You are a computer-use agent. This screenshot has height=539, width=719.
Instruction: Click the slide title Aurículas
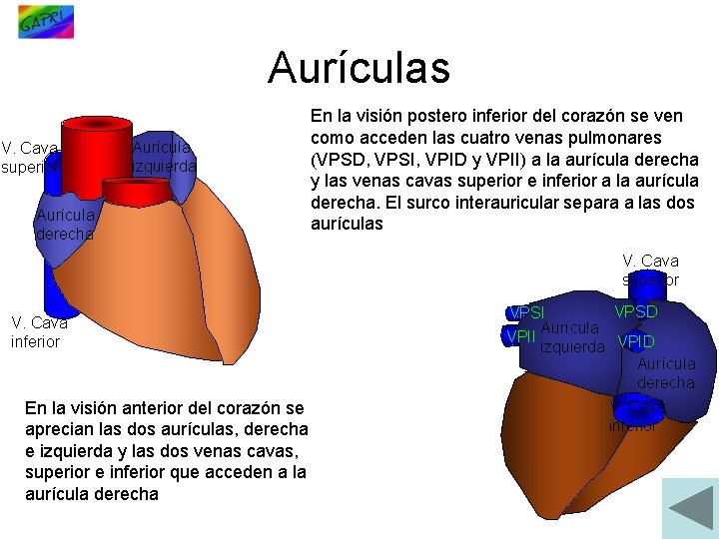click(359, 68)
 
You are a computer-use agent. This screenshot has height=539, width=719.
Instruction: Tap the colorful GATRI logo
click(45, 21)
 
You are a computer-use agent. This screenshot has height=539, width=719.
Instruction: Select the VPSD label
click(636, 311)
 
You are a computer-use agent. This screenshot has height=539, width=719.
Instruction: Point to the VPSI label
click(526, 314)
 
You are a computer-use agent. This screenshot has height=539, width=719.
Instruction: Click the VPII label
click(521, 336)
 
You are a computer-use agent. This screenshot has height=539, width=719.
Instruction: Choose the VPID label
click(636, 343)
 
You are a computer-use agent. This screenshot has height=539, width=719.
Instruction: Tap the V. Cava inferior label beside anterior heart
click(37, 331)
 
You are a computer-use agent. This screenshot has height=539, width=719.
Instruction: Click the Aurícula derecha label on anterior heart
click(65, 224)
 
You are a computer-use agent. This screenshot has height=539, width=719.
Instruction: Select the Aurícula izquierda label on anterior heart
click(164, 157)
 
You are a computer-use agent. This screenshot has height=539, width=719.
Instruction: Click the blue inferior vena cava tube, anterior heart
click(54, 289)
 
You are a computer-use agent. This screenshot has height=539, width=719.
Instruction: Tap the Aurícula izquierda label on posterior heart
click(571, 337)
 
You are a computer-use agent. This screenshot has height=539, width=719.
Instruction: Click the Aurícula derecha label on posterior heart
click(666, 373)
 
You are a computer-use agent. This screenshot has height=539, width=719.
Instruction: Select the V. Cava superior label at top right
click(650, 269)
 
